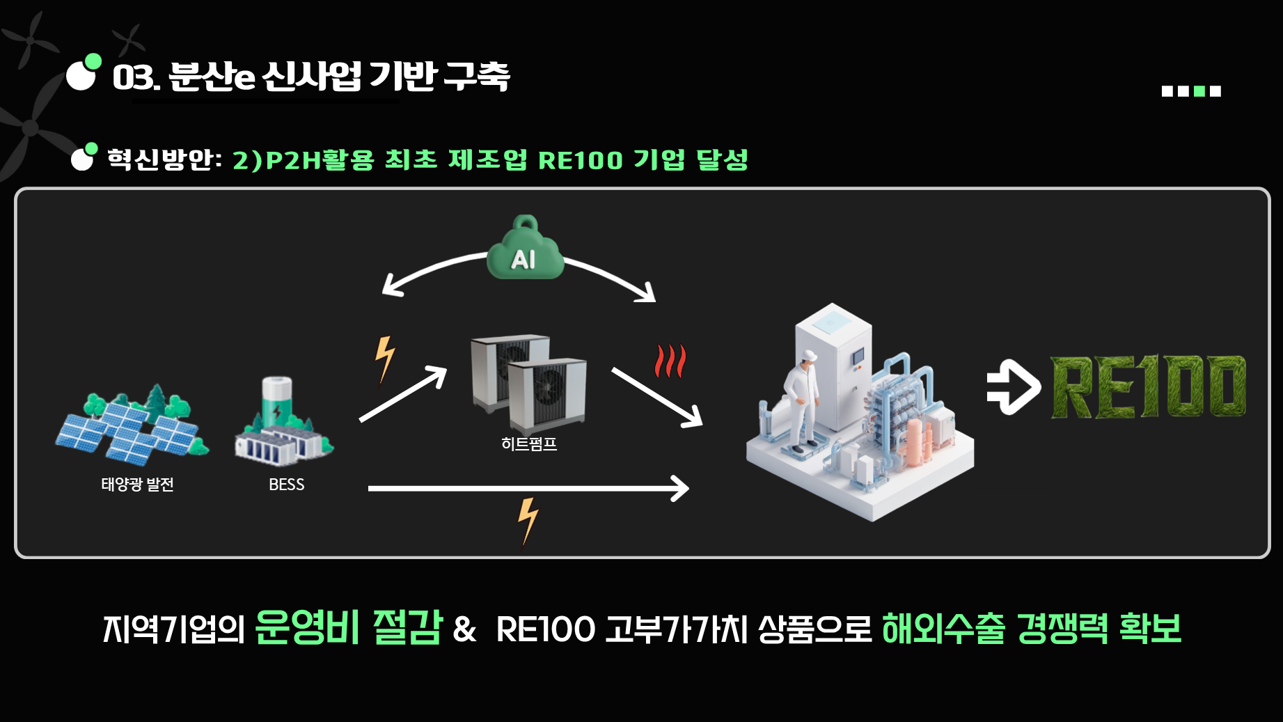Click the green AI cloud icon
coord(525,251)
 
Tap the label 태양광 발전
coord(137,485)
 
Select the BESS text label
coord(287,485)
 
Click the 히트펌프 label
coord(529,444)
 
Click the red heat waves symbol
coord(670,361)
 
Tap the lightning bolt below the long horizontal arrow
coord(528,521)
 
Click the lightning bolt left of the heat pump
coord(384,359)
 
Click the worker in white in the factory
coord(803,400)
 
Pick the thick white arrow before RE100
coord(1013,387)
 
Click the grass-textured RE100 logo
coord(1148,387)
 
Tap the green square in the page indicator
coord(1199,91)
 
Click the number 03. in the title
coord(136,77)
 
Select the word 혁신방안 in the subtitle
coord(160,159)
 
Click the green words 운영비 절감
coord(348,627)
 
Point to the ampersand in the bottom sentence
coord(464,629)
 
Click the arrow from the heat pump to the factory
coord(656,396)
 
